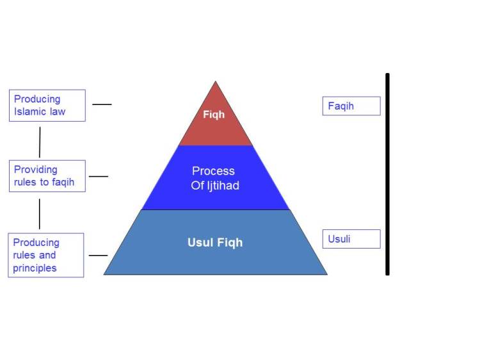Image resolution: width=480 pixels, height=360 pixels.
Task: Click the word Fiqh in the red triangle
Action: pyautogui.click(x=214, y=115)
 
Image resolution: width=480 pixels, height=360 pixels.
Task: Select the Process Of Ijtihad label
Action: pyautogui.click(x=214, y=178)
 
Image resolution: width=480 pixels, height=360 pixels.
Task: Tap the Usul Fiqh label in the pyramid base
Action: pyautogui.click(x=215, y=243)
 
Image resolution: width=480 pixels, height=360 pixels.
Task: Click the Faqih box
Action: pyautogui.click(x=351, y=106)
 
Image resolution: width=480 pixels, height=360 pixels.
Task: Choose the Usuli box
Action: pyautogui.click(x=351, y=239)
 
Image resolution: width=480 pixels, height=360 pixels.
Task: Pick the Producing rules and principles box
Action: pyautogui.click(x=46, y=255)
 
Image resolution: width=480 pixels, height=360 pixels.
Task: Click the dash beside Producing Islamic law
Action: pyautogui.click(x=102, y=104)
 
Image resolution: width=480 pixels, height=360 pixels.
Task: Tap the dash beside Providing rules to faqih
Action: pyautogui.click(x=99, y=176)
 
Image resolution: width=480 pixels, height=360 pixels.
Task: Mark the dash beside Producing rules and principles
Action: pyautogui.click(x=98, y=256)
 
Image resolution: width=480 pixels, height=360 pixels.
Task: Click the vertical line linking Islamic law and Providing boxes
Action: pyautogui.click(x=40, y=142)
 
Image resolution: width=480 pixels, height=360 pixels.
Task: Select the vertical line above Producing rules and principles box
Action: pyautogui.click(x=40, y=213)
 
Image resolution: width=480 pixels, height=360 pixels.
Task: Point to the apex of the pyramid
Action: pyautogui.click(x=216, y=82)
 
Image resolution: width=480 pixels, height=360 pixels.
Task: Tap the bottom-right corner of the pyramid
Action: pyautogui.click(x=326, y=274)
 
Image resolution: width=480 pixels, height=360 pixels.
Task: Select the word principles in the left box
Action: pyautogui.click(x=35, y=268)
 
